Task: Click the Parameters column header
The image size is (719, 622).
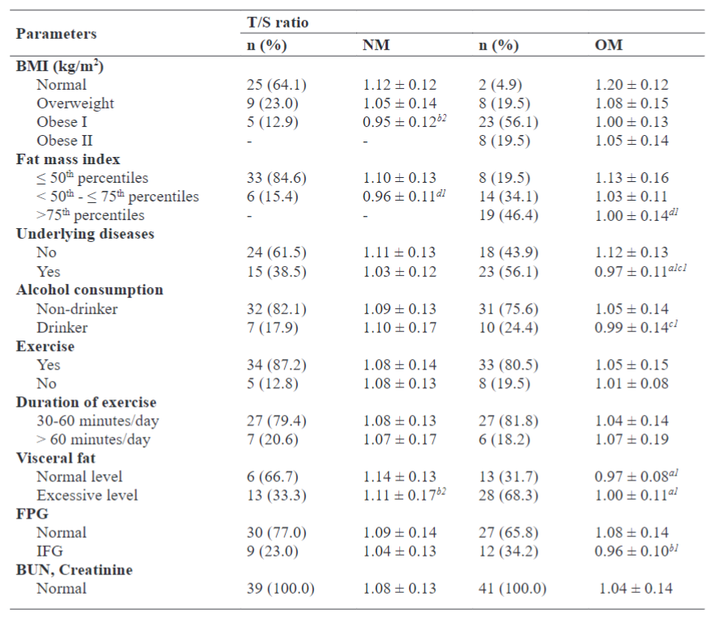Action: point(57,34)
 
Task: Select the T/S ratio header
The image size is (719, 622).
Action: point(278,23)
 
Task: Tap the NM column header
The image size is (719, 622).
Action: point(376,45)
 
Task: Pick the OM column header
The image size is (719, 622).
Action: point(609,45)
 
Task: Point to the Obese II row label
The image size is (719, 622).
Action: point(66,141)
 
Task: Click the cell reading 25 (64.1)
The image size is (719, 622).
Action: point(276,84)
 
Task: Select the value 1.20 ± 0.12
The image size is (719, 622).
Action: point(632,84)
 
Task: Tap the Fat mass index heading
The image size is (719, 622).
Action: point(69,159)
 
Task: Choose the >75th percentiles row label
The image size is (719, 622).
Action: point(91,215)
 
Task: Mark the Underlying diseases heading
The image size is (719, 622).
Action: point(85,234)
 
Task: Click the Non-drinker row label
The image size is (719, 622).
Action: point(77,309)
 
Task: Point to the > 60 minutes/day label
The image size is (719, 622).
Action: point(93,440)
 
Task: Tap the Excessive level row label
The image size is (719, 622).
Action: point(87,495)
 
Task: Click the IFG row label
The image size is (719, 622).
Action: point(48,551)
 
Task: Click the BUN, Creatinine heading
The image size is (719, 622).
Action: point(74,570)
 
